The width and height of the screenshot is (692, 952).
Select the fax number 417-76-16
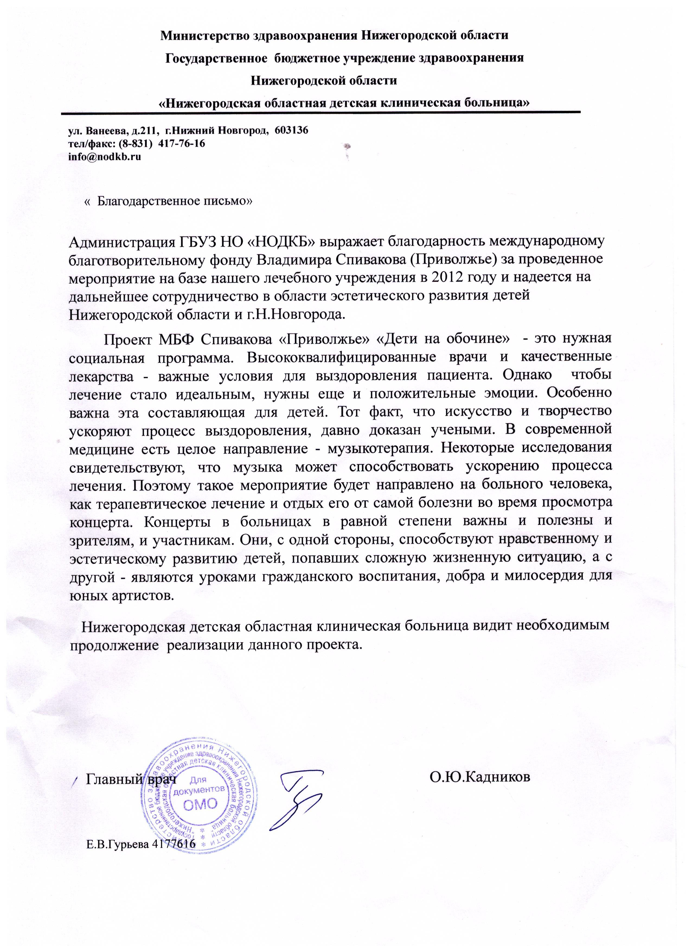(182, 143)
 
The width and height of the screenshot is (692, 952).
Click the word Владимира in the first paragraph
(294, 259)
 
